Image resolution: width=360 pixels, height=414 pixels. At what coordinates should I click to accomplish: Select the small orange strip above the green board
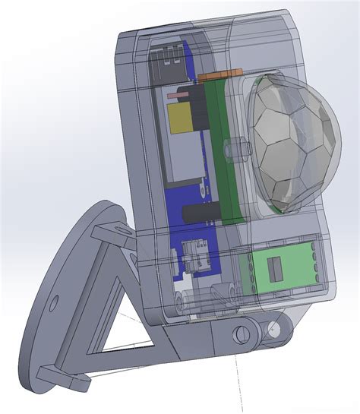222,75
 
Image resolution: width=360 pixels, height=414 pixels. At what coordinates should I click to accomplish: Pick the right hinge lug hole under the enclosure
271,328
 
